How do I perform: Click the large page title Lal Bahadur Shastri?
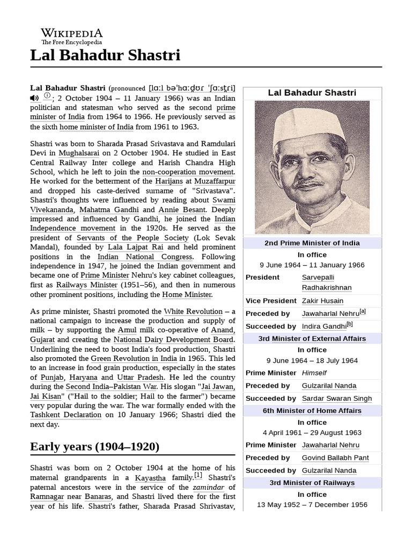pyautogui.click(x=105, y=55)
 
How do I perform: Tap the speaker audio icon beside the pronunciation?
pyautogui.click(x=34, y=97)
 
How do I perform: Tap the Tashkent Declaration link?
pyautogui.click(x=65, y=415)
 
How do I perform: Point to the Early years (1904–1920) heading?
pyautogui.click(x=94, y=446)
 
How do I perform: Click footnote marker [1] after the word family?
pyautogui.click(x=198, y=475)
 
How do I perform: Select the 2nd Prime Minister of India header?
pyautogui.click(x=312, y=243)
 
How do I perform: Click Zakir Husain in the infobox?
pyautogui.click(x=322, y=301)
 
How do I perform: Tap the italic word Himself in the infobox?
pyautogui.click(x=314, y=373)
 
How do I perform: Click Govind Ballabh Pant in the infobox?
pyautogui.click(x=335, y=458)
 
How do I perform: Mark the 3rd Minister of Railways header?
pyautogui.click(x=312, y=482)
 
